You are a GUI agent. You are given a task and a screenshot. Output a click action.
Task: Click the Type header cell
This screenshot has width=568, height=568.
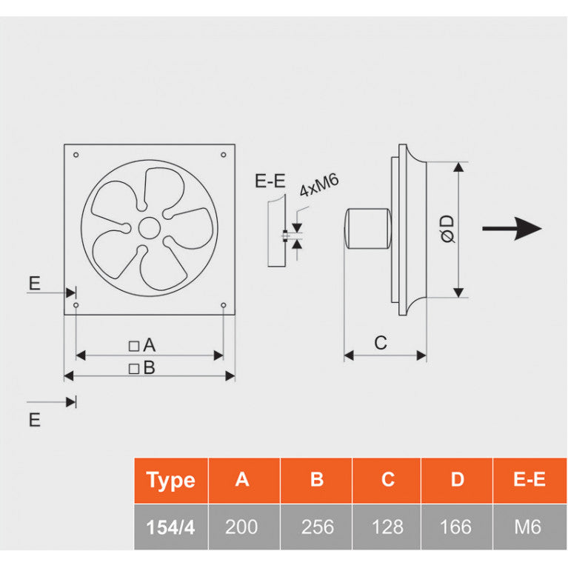point(170,481)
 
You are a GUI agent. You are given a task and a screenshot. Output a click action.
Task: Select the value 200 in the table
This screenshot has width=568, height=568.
point(242,527)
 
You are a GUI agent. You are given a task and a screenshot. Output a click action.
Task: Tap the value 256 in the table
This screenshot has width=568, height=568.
point(317,527)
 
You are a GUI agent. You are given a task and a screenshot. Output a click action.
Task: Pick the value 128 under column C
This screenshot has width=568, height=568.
point(387,527)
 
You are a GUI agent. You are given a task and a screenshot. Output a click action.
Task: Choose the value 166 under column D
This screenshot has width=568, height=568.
point(455,527)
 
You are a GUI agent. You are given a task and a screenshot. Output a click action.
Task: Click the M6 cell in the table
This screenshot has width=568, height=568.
point(528,527)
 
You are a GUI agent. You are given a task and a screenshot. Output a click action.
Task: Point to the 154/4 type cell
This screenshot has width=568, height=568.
point(170,527)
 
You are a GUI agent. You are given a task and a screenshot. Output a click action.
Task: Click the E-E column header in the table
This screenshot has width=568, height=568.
point(529,480)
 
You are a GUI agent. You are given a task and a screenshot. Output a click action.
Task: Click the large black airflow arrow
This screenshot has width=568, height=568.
point(512,228)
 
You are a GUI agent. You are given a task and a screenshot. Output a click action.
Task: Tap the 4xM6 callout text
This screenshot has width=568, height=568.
point(318,186)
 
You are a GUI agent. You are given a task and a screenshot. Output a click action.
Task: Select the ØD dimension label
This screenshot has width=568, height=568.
point(447,228)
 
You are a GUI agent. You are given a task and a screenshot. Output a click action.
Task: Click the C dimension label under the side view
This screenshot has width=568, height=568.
point(381,343)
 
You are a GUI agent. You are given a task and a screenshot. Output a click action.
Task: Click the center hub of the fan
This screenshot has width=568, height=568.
point(150,227)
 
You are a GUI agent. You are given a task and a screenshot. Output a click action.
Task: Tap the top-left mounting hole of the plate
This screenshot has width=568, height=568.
point(76,155)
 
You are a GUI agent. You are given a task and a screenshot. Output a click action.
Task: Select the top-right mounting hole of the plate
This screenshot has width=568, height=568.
point(223,155)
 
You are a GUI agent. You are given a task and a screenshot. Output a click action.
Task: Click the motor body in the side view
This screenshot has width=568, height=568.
point(368,229)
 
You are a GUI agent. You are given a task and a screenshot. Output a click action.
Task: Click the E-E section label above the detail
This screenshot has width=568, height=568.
point(269,181)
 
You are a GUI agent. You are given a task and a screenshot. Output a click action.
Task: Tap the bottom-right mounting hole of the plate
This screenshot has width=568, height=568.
point(223,304)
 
